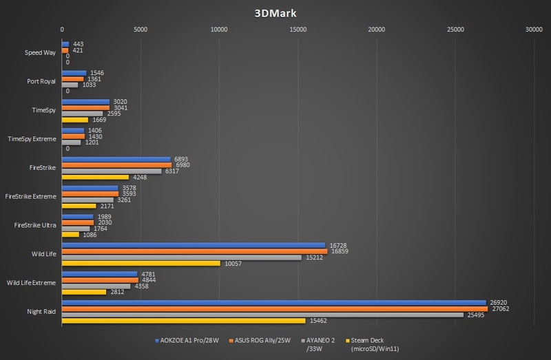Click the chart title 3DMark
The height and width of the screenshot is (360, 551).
point(275,12)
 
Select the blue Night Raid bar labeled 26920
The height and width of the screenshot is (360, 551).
point(273,301)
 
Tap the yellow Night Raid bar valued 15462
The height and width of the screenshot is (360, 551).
point(184,321)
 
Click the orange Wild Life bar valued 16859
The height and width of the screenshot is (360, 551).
point(194,251)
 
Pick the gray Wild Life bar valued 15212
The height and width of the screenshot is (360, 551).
point(182,257)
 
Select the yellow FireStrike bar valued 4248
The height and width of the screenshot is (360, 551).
point(95,177)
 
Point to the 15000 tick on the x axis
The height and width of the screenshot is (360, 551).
point(298,30)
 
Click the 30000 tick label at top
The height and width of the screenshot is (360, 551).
point(533,30)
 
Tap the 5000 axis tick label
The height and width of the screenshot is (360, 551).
point(141,30)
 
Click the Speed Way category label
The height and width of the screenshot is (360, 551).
point(40,53)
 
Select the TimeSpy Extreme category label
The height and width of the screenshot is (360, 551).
point(32,138)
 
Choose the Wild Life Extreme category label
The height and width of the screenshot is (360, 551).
point(32,282)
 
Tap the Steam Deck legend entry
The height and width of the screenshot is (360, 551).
point(372,344)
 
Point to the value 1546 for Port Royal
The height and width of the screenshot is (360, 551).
point(97,72)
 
